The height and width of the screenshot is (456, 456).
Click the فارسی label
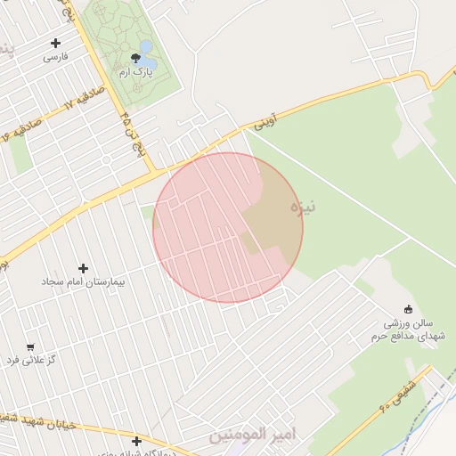[55, 57]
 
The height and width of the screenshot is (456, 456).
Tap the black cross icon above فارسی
[56, 42]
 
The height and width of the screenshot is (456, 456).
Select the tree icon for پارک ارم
[135, 58]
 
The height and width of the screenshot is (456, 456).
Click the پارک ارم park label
[136, 71]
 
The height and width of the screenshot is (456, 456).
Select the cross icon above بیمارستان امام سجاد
[84, 268]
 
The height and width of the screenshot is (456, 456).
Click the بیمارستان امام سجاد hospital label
[84, 281]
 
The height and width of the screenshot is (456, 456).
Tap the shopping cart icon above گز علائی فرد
[31, 346]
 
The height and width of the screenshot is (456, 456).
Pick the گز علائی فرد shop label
[31, 360]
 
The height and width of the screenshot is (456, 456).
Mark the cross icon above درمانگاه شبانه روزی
[136, 441]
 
